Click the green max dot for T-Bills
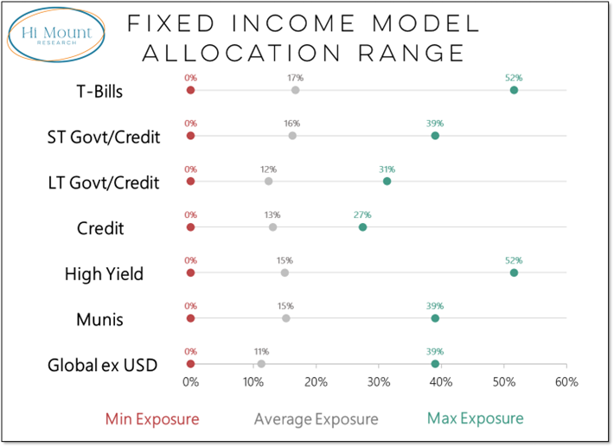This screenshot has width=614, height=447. click(514, 90)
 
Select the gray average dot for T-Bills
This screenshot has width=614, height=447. click(296, 90)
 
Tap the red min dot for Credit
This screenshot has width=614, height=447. click(190, 227)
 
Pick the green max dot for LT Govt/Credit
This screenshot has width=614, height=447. click(387, 181)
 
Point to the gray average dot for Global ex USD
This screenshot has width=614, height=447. click(261, 364)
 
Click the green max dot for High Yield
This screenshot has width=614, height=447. click(514, 272)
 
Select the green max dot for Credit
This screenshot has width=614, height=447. click(362, 227)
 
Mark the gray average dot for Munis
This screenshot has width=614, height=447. click(285, 318)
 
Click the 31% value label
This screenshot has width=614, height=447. click(387, 169)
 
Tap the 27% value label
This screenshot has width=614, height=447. click(362, 215)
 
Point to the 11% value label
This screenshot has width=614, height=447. click(261, 352)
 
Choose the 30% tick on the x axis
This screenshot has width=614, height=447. click(378, 382)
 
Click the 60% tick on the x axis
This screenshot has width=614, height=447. click(566, 382)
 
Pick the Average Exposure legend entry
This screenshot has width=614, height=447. click(316, 419)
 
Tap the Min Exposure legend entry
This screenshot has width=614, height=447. click(152, 419)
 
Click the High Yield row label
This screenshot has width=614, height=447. click(104, 274)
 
